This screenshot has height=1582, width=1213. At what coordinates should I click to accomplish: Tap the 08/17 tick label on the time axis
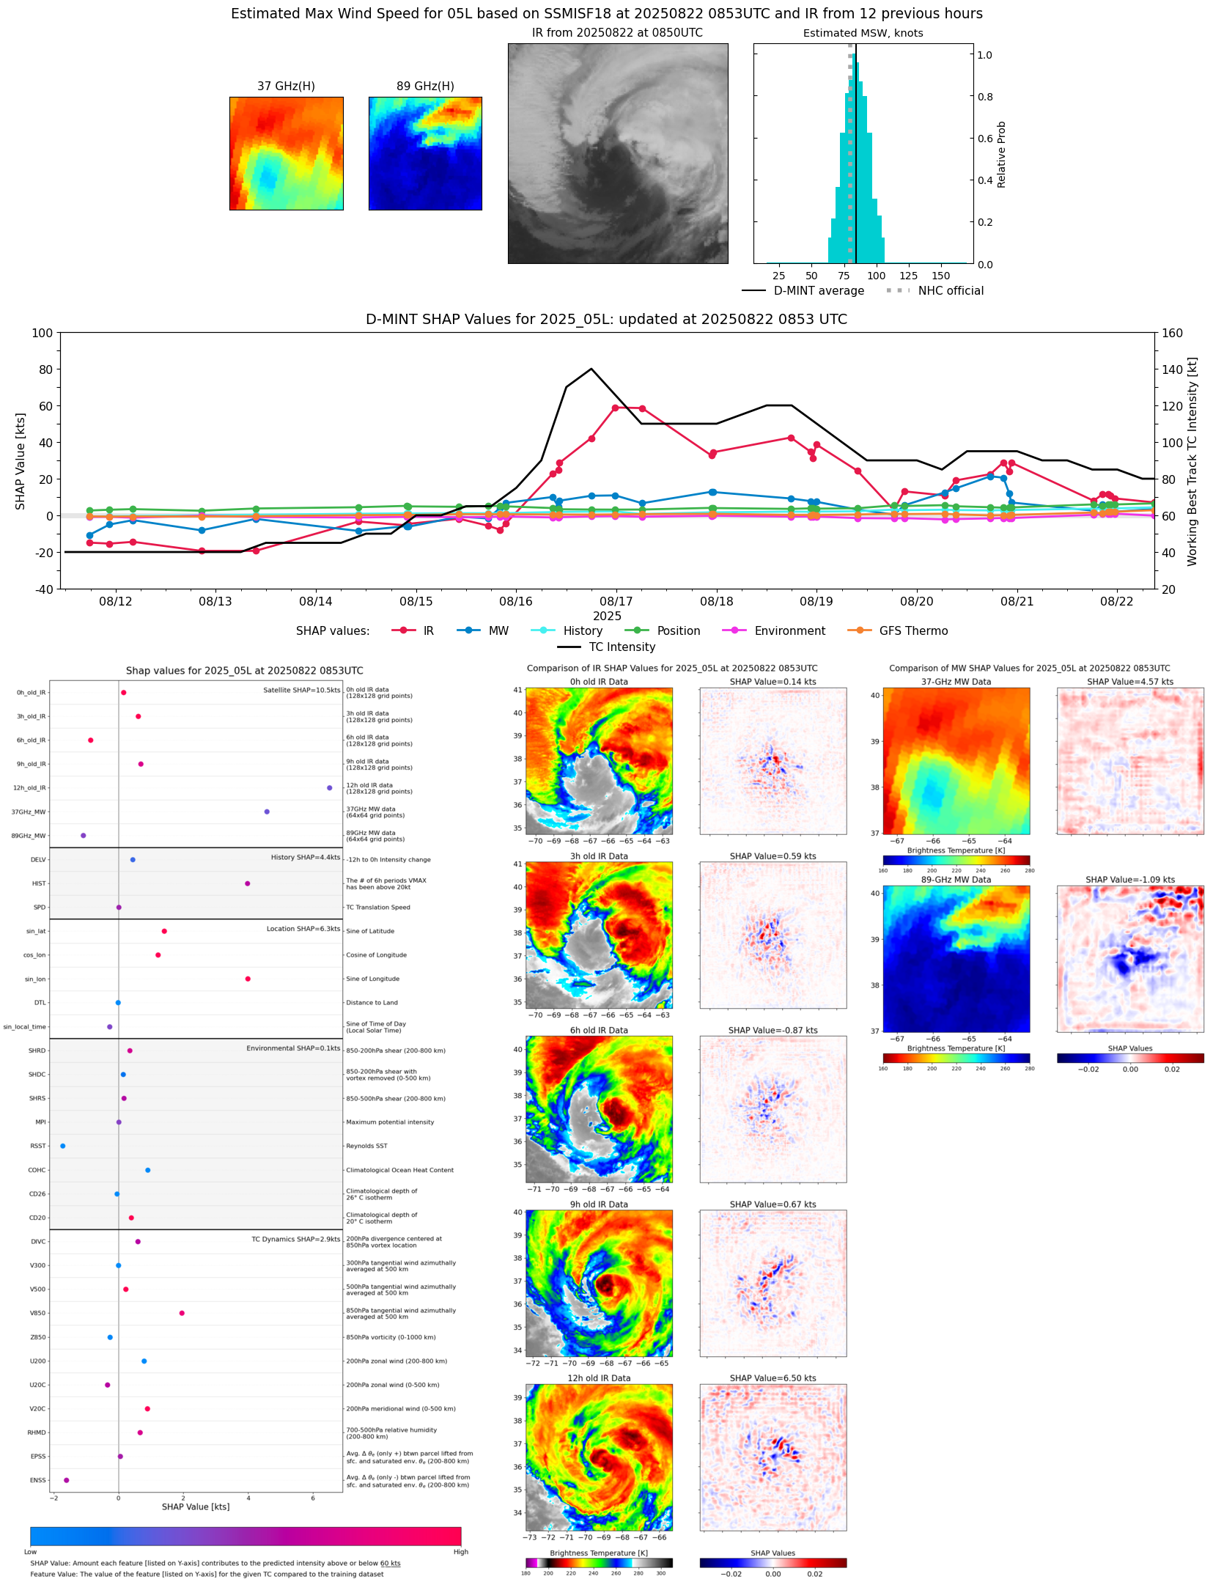616,601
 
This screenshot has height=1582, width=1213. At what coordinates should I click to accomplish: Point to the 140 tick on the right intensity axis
1173,369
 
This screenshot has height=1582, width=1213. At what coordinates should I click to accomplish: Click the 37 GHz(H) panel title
286,87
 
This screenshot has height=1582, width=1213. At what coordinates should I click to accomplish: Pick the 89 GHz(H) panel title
425,87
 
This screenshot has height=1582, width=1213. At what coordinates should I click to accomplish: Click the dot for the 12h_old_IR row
330,788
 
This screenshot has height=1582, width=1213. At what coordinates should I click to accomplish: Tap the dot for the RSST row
62,1146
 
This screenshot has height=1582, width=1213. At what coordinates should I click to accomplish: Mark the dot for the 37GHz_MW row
267,812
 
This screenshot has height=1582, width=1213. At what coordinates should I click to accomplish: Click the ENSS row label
37,1480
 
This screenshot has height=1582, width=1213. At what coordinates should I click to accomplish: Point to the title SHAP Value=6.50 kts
773,1378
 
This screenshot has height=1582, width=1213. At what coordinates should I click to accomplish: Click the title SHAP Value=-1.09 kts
1129,880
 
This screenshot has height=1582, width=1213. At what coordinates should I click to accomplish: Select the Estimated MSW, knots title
863,33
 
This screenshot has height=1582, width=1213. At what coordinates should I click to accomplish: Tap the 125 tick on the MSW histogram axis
908,276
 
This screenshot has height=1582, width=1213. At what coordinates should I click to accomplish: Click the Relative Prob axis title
1001,154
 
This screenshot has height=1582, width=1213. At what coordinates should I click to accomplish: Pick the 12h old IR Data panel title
599,1378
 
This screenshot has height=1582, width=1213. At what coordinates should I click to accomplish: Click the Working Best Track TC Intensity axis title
1192,461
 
